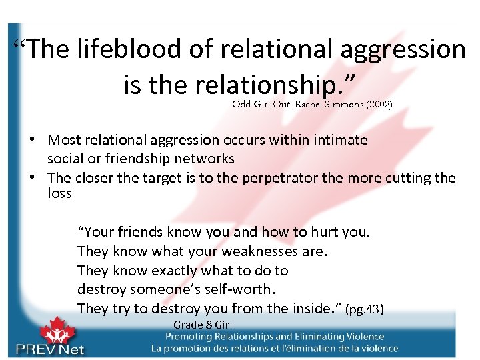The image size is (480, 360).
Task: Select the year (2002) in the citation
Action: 378,104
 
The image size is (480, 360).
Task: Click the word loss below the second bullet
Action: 59,193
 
